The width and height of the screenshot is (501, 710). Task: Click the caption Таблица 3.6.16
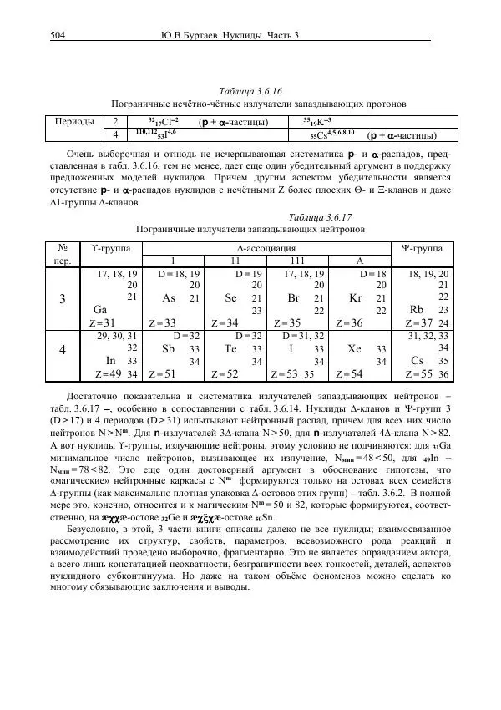click(250, 91)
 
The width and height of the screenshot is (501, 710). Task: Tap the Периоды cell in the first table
click(73, 121)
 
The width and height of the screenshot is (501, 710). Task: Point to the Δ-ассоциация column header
click(266, 247)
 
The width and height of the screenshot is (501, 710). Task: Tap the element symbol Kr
click(354, 298)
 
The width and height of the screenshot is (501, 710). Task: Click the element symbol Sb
click(168, 348)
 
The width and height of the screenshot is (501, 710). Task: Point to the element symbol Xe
click(354, 348)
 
